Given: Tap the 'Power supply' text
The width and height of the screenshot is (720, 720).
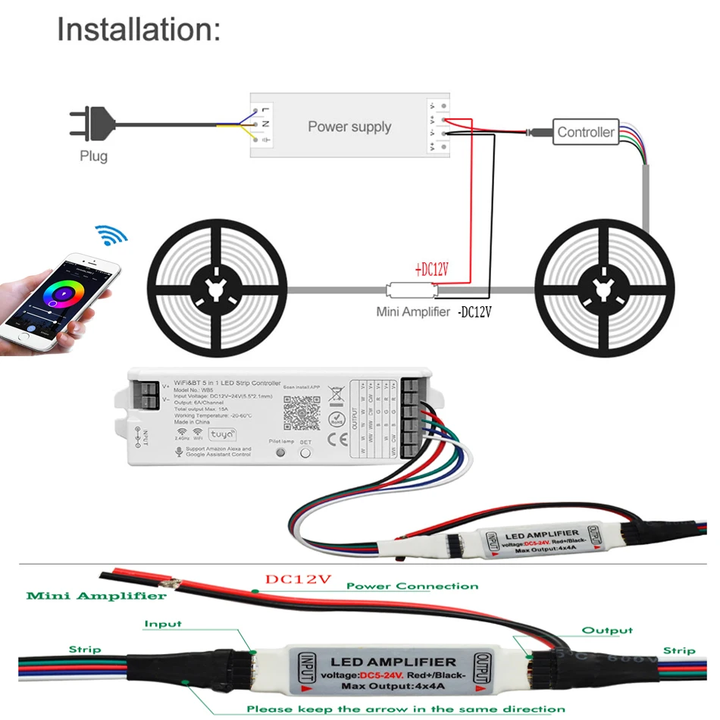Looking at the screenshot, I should [349, 127].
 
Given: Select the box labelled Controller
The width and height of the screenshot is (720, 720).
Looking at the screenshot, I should [585, 132].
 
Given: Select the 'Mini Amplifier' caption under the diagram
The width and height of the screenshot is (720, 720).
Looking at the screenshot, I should [413, 311].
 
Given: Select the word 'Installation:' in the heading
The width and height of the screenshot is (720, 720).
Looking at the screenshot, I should [139, 30].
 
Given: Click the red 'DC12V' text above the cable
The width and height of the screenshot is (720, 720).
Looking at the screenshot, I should [299, 579].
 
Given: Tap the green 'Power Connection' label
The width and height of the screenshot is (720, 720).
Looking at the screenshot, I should [412, 586].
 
